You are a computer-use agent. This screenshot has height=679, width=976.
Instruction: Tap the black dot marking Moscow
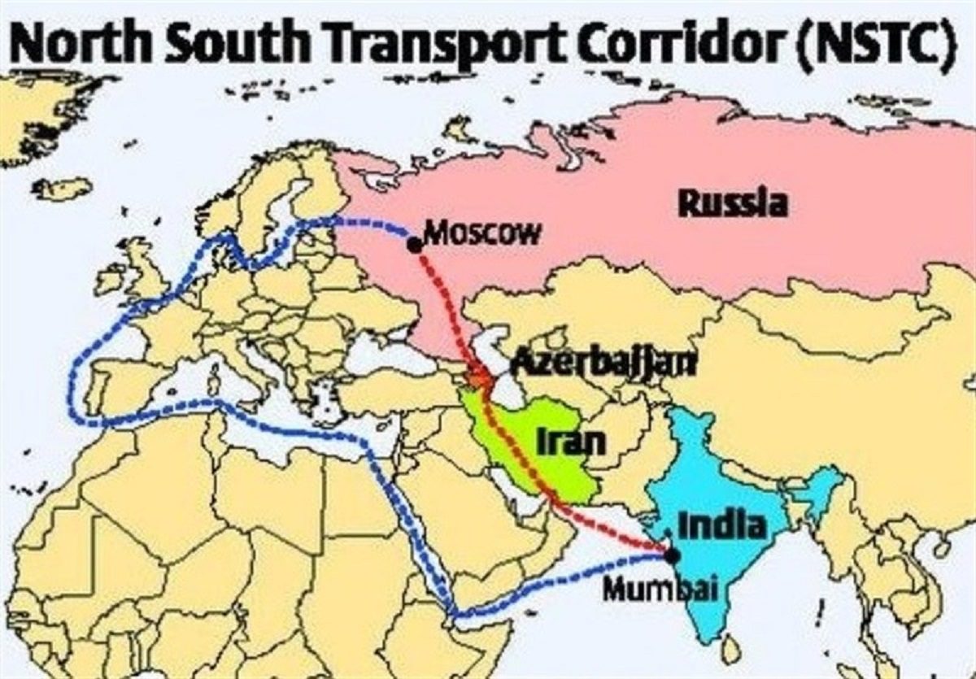pos(415,245)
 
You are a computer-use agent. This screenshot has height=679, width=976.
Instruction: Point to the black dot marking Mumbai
pos(672,556)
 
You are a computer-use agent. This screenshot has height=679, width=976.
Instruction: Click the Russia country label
pos(733,202)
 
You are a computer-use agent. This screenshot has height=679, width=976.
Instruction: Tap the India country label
pos(721,525)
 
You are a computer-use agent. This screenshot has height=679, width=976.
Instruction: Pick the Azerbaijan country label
pos(602,363)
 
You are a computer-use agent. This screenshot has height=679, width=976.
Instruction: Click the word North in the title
pos(82,45)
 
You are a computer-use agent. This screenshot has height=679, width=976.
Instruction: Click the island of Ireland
pos(110,280)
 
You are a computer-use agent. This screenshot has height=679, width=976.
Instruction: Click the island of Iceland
pos(62,189)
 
